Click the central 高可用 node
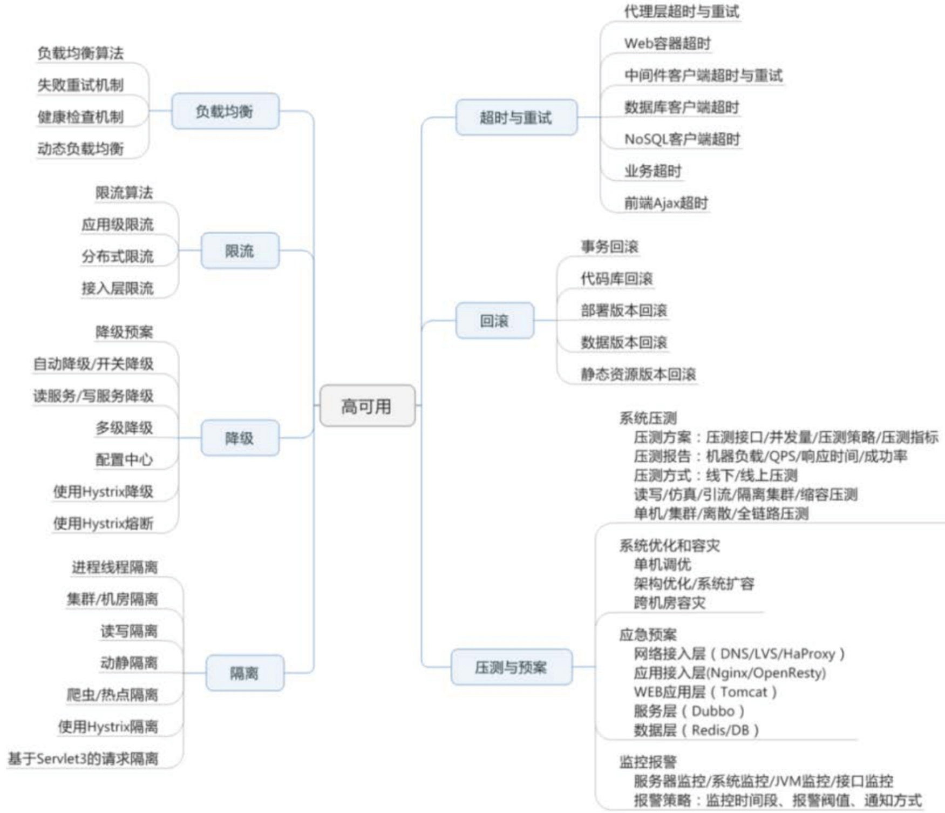point(368,406)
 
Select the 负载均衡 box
point(225,111)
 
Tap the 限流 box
point(240,250)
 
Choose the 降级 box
point(240,438)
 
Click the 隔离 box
point(244,673)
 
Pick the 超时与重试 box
point(516,117)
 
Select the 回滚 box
point(495,321)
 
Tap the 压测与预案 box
point(511,667)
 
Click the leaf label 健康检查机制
point(80,117)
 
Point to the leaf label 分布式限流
point(118,256)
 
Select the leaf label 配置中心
point(124,459)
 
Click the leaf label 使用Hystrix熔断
point(103,523)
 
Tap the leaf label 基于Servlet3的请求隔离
point(83,758)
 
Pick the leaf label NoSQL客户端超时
point(682,139)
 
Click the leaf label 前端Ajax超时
point(666,203)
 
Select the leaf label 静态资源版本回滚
point(638,374)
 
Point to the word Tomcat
point(743,692)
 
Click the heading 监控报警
point(648,762)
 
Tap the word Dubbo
point(713,711)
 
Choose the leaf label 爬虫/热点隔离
point(112,695)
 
